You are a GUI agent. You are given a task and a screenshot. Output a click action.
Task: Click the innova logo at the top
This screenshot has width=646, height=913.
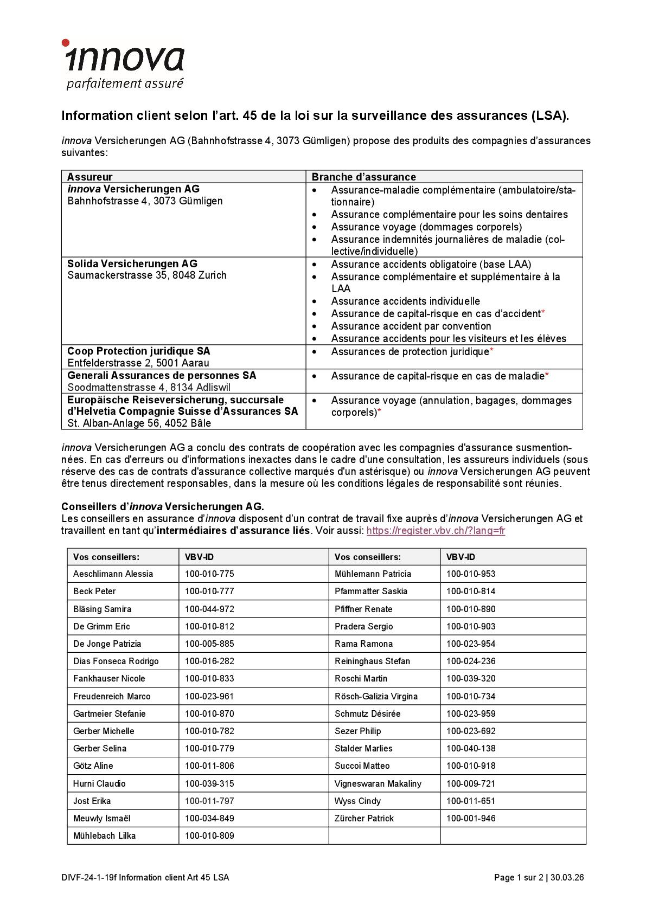pos(124,64)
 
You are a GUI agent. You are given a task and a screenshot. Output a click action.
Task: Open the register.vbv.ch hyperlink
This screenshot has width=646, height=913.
pos(436,531)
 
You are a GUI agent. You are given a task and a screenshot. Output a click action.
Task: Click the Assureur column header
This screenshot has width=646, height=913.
pos(90,177)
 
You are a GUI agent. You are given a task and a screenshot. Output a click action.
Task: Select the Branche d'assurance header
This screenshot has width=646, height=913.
pos(363,177)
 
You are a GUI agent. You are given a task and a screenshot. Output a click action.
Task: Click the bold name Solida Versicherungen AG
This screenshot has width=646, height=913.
pos(132,264)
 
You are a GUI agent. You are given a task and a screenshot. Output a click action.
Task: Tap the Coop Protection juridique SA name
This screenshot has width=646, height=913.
pos(138,351)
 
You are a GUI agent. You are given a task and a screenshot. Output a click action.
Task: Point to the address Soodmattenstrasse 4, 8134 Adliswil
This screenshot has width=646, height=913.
pos(149,388)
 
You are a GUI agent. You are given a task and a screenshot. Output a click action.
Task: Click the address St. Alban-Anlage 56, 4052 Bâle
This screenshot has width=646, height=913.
pos(139,423)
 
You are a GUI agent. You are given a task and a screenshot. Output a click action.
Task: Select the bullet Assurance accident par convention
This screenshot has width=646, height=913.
pos(411,326)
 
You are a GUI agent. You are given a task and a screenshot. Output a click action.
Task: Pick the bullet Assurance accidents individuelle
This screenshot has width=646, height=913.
pos(405,301)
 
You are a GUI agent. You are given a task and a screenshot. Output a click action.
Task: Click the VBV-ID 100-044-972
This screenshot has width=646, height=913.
pos(209,609)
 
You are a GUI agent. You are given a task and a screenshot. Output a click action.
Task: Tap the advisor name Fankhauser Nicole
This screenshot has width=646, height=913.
pos(109,679)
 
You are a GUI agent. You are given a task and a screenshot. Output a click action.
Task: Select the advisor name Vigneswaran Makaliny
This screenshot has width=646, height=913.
pos(378,784)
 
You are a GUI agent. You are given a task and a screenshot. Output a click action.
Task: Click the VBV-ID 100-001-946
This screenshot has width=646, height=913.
pos(470,819)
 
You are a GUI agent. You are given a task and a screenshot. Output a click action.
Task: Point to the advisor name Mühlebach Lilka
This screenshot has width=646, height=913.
pos(104,836)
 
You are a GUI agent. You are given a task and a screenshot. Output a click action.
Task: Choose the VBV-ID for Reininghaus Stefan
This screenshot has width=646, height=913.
pos(470,661)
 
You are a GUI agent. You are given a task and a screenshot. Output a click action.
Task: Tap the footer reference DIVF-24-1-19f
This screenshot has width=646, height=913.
pos(89,878)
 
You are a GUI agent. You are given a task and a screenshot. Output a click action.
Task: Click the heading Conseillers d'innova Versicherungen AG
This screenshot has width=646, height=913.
pos(162,507)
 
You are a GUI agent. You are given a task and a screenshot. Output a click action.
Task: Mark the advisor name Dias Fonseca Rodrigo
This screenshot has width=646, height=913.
pos(116,661)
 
